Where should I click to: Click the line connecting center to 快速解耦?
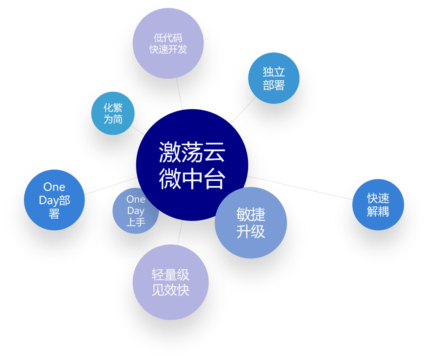(x=300, y=188)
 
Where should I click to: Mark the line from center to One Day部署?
(x=110, y=186)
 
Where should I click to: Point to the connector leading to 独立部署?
(x=243, y=111)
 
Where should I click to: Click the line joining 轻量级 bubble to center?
(x=180, y=233)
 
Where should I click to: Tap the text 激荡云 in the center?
(x=192, y=152)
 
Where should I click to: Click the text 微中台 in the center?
(x=192, y=178)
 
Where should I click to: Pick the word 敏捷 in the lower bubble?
(x=251, y=215)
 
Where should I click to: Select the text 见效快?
(x=171, y=290)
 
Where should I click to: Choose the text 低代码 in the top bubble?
(x=168, y=38)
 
